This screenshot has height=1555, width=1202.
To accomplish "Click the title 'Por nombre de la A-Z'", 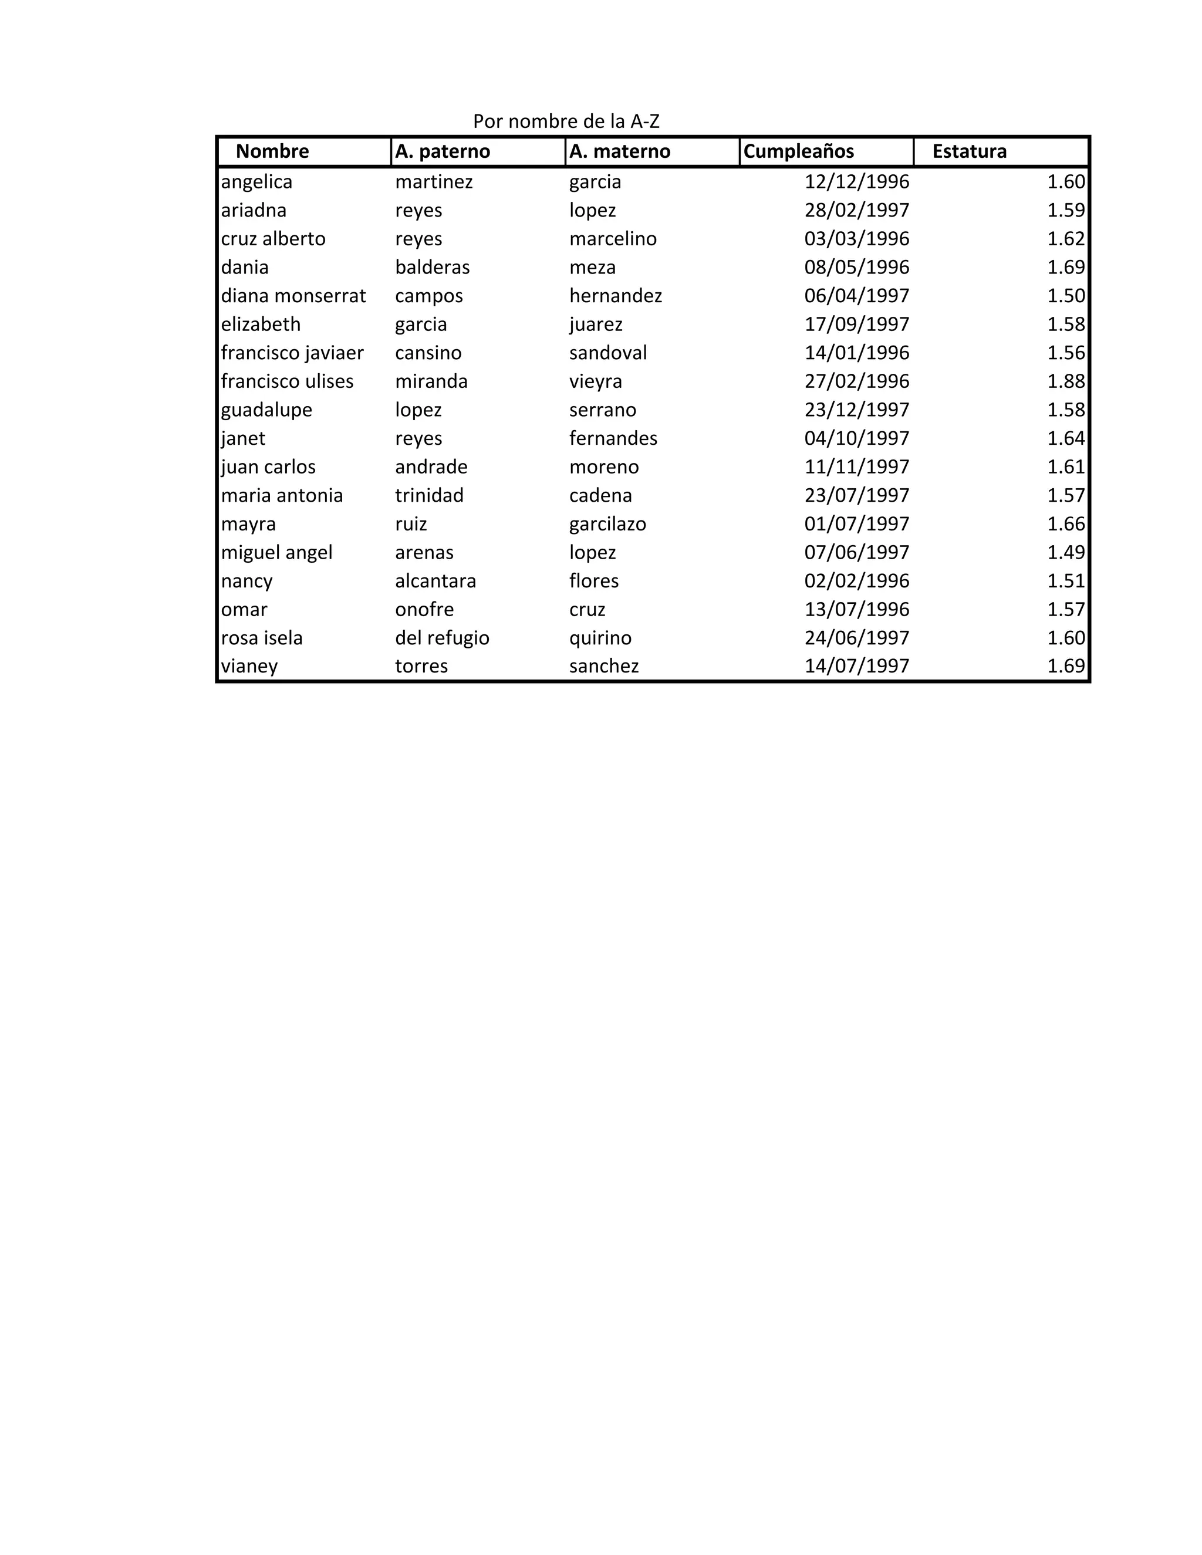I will point(566,121).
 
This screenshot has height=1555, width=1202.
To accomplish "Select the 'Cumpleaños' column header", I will point(798,151).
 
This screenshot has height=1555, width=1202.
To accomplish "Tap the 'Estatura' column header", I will point(969,151).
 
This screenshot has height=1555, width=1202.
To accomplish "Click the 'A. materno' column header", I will point(620,151).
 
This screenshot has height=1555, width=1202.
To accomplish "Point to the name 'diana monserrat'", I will point(293,296).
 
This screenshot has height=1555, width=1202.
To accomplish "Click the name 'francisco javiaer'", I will point(292,353).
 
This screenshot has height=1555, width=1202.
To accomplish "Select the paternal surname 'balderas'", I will point(432,267).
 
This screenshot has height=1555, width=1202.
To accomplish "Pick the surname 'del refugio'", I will point(442,637).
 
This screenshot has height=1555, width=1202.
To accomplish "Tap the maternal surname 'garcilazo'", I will point(607,523).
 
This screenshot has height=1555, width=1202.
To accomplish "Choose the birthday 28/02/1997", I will point(857,210).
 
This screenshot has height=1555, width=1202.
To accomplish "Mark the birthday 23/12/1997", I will point(857,410).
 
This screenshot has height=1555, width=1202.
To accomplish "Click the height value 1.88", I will point(1065,381).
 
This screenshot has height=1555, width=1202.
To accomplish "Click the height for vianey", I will point(1065,666).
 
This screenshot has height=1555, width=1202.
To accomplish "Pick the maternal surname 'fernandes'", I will point(613,438).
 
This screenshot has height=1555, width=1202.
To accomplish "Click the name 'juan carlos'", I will point(268,466).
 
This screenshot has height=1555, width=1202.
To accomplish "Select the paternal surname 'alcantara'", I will point(435,580).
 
